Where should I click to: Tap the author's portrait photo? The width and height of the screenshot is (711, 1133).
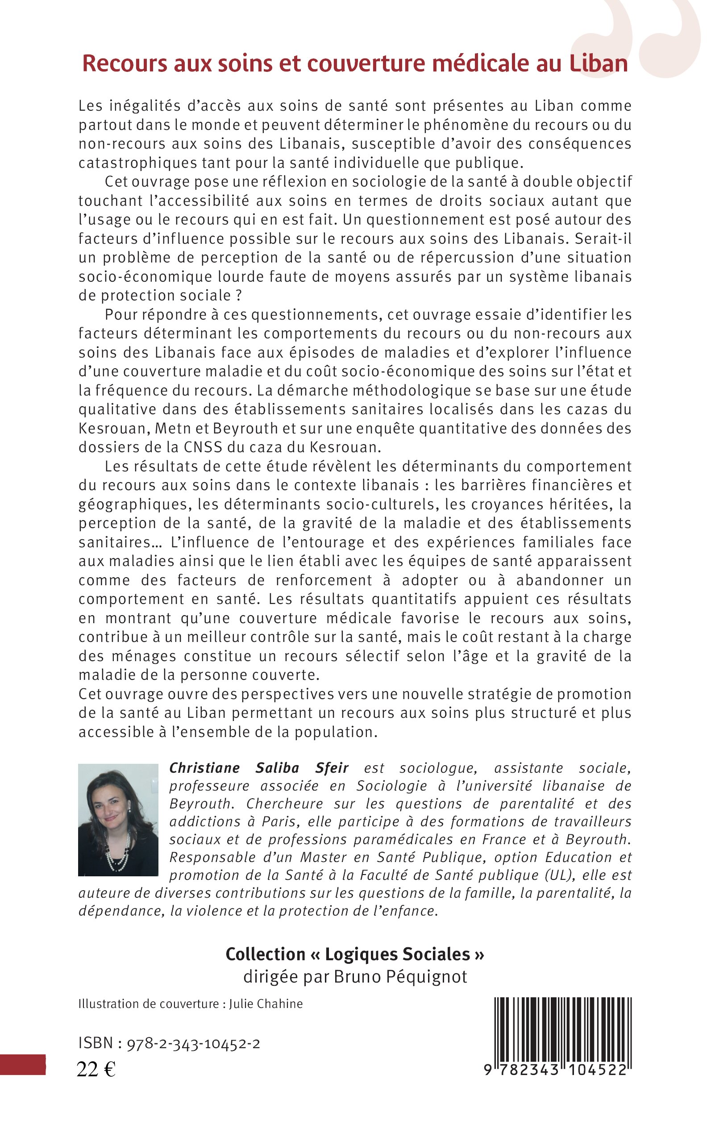coord(118,819)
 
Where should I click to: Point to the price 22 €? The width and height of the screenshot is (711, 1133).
coord(96,1070)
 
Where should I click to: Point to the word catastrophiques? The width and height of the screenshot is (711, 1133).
coord(138,163)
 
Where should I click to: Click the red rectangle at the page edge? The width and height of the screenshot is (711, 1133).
coord(23,1065)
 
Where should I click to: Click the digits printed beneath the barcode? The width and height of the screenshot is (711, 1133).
coord(555,1070)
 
